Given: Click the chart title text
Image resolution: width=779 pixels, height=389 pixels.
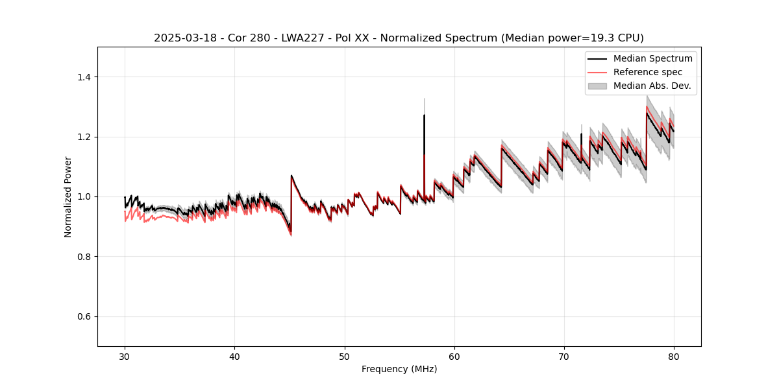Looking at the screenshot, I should pos(399,38).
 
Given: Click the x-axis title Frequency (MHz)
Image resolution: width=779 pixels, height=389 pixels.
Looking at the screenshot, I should pos(399,369).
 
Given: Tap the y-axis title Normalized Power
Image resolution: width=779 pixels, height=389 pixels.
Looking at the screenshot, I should pos(68,196).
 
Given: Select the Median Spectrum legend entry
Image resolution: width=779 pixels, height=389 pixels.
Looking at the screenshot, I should pos(652,58).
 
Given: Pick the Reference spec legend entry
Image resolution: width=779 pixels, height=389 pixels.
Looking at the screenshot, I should pos(648,72).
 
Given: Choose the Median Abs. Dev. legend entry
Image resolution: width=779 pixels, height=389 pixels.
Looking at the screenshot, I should pos(652,86).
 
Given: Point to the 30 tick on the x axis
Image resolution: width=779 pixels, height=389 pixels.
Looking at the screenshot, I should pos(125,356).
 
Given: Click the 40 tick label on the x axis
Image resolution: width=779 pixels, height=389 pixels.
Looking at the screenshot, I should pos(234,356).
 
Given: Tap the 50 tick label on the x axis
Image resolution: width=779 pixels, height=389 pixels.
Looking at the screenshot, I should pos(345,356).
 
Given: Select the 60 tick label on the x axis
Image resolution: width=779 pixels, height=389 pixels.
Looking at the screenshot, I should pos(454,356).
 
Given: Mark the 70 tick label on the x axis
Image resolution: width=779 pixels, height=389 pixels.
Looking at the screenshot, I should pos(564,356).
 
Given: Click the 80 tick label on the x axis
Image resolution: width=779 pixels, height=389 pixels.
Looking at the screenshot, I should pos(674,356).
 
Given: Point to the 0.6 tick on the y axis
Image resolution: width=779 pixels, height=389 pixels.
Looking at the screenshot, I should pos(86,316).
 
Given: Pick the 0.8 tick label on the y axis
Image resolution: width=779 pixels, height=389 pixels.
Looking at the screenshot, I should pos(86,257).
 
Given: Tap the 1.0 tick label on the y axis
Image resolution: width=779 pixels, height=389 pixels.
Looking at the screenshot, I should pos(86,196).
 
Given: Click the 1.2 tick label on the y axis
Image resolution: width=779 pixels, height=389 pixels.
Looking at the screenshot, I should pos(86,137).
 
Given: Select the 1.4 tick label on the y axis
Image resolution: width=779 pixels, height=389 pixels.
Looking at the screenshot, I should pos(86,77).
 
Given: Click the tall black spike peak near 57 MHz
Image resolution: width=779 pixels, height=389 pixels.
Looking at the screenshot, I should pos(424,116).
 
